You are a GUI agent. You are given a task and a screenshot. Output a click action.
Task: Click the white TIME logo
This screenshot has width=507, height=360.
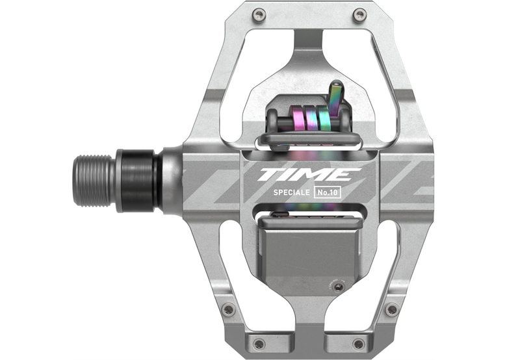[x=309, y=175]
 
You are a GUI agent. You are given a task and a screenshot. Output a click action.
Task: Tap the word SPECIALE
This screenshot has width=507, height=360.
[x=292, y=192]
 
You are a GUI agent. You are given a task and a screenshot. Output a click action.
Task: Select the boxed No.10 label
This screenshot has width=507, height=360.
[x=327, y=192]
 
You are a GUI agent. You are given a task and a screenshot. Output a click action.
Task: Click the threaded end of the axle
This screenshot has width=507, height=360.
[x=94, y=181]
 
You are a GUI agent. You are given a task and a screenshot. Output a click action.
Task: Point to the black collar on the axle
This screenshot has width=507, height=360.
[x=137, y=180]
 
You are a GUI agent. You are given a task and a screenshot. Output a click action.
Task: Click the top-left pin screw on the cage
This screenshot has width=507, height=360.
[x=259, y=14]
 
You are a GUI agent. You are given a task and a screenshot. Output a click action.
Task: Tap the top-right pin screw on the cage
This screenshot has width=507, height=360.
[x=359, y=14]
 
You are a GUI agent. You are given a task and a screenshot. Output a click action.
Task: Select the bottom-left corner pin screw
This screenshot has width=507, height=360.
[x=259, y=343]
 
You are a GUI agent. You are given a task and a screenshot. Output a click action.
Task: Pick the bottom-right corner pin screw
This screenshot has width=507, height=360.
[x=359, y=343]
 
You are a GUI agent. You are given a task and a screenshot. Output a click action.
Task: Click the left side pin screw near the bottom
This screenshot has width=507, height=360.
[x=229, y=309]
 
